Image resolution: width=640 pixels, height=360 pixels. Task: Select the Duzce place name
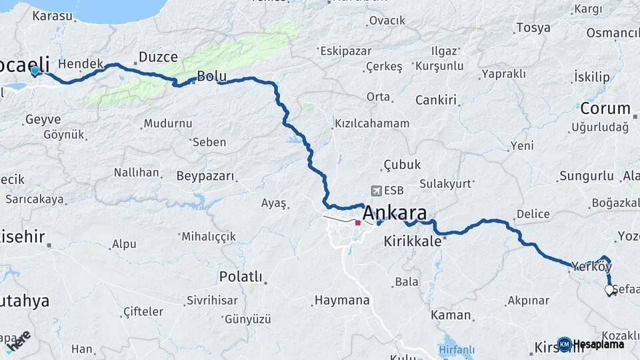[x=158, y=57]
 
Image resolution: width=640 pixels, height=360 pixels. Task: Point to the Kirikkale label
[x=413, y=241]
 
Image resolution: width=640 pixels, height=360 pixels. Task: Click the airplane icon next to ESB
[x=377, y=191]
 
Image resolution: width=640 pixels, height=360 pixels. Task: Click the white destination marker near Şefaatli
[x=609, y=290]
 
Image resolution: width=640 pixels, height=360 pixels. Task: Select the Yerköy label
[x=591, y=267]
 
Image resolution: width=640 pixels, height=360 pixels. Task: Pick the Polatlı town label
[x=241, y=277]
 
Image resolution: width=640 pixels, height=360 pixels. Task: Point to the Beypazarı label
[x=206, y=177]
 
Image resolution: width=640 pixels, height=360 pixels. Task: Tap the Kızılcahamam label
[x=371, y=124]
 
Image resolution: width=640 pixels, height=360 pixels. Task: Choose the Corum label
[x=605, y=108]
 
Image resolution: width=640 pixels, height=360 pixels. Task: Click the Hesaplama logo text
[x=598, y=345]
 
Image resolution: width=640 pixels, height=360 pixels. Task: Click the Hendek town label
[x=81, y=64]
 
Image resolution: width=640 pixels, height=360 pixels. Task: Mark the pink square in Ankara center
[x=358, y=223]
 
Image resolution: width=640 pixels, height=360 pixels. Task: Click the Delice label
[x=533, y=215]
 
